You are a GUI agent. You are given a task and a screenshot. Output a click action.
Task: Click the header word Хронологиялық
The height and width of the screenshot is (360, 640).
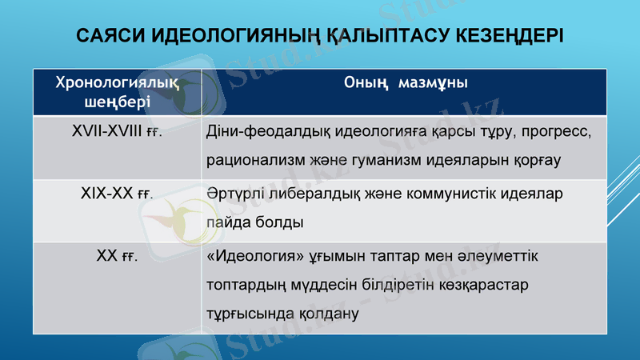pyautogui.click(x=117, y=83)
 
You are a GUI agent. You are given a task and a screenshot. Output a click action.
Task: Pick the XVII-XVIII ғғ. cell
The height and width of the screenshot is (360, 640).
pyautogui.click(x=117, y=132)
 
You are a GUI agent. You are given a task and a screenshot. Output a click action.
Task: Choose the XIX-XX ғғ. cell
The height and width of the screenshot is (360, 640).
pyautogui.click(x=117, y=194)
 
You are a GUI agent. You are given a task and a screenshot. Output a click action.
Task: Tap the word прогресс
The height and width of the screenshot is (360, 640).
pyautogui.click(x=551, y=132)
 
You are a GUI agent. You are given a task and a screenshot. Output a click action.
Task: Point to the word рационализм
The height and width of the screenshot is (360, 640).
pyautogui.click(x=254, y=158)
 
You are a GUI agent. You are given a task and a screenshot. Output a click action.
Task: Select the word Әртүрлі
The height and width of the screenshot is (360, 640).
pyautogui.click(x=231, y=194)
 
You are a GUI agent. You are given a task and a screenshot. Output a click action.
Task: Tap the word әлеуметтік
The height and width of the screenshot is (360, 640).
pyautogui.click(x=499, y=257)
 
